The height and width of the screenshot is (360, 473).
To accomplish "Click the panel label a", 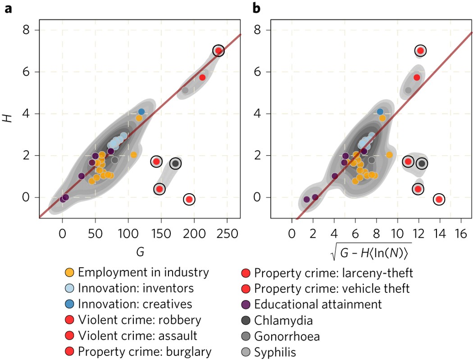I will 8,8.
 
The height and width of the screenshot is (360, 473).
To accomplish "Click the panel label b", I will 256,8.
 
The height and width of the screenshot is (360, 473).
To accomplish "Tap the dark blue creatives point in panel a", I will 141,112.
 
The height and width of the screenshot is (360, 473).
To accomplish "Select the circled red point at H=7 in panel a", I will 218,51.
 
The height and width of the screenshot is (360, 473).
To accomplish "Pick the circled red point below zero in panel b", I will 439,199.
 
